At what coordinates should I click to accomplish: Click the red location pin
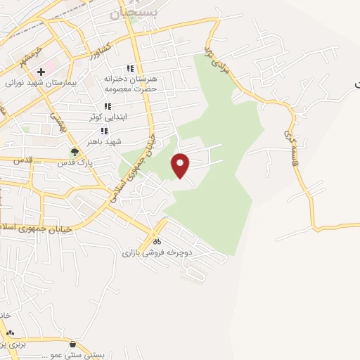click(181, 165)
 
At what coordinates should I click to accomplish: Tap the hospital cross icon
click(41, 72)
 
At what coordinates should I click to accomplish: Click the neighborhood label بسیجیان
click(135, 12)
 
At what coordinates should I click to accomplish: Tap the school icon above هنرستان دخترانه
click(129, 69)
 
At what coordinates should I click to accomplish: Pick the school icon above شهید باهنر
click(108, 131)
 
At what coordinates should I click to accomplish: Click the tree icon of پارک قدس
click(75, 151)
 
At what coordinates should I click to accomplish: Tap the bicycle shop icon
click(156, 241)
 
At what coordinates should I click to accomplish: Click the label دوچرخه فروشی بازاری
click(157, 252)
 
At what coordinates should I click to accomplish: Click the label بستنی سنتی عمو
click(73, 355)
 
